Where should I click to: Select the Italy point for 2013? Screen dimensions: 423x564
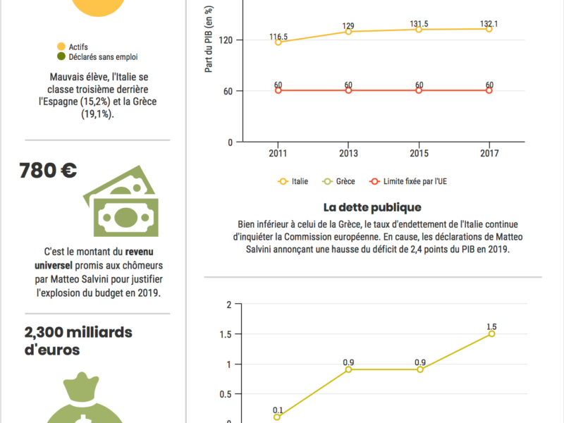pyautogui.click(x=348, y=32)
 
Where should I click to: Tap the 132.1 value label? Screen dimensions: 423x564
pyautogui.click(x=489, y=24)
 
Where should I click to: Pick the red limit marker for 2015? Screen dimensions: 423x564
pyautogui.click(x=419, y=90)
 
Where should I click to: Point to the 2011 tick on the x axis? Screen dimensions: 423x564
pyautogui.click(x=278, y=153)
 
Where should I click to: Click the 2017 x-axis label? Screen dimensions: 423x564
pyautogui.click(x=489, y=153)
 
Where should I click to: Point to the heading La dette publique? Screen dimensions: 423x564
pyautogui.click(x=372, y=207)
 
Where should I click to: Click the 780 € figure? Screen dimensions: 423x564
pyautogui.click(x=48, y=171)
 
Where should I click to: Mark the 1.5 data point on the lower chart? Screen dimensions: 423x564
pyautogui.click(x=491, y=333)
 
